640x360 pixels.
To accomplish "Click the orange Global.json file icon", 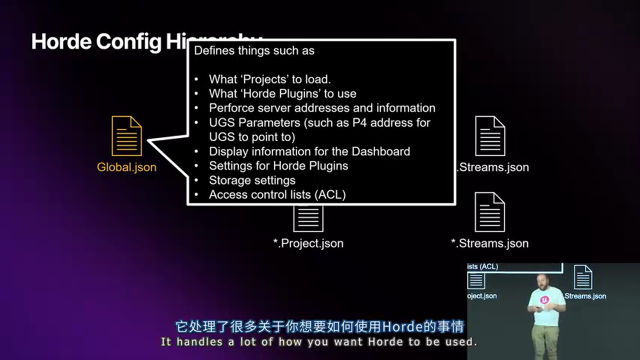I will (126, 135).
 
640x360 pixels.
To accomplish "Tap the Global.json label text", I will (126, 167).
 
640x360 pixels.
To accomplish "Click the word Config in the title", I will (129, 41).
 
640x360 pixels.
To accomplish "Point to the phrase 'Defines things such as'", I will (254, 50).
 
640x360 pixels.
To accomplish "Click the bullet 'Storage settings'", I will (252, 180).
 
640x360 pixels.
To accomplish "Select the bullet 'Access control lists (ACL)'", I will (277, 194).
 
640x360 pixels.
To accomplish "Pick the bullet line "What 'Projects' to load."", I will (270, 79).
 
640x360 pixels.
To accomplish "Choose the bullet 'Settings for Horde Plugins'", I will (278, 165).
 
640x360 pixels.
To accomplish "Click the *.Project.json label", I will (308, 243).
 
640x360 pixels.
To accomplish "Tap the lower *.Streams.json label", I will (489, 243).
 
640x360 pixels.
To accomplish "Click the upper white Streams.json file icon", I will (490, 135).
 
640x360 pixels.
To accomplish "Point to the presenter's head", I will (543, 281).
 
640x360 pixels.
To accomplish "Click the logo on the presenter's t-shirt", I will (544, 300).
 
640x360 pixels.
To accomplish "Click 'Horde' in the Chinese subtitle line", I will (402, 327).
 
